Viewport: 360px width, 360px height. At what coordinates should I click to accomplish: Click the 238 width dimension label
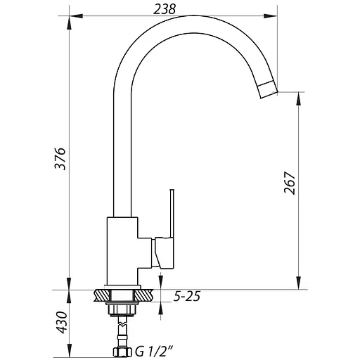[x=164, y=10]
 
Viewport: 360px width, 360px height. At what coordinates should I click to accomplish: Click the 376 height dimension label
[x=60, y=159]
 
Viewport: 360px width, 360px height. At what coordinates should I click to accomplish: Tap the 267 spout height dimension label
[x=289, y=183]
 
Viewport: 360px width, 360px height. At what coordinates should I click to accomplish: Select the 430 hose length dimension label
[x=63, y=322]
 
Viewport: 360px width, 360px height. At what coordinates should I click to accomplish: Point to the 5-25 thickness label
[x=187, y=297]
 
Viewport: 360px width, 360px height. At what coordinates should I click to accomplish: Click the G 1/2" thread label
[x=155, y=352]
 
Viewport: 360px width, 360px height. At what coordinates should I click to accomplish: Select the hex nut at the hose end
[x=123, y=352]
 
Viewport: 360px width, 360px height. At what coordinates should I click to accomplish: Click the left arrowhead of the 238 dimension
[x=76, y=16]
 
